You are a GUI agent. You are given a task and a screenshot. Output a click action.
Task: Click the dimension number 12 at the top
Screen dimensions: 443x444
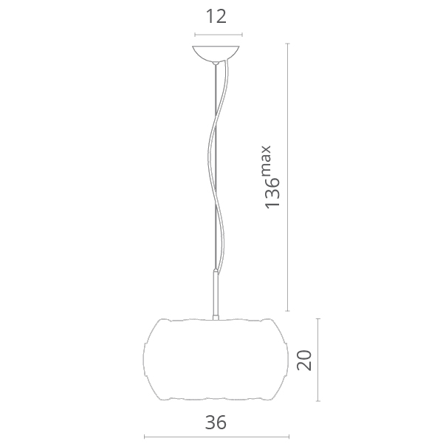pyautogui.click(x=216, y=16)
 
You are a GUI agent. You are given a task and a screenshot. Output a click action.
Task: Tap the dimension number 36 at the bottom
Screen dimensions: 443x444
pyautogui.click(x=216, y=423)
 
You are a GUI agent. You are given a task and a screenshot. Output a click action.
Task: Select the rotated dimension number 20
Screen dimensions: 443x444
pyautogui.click(x=304, y=361)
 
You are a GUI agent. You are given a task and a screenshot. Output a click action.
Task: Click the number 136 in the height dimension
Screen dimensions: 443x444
pyautogui.click(x=272, y=194)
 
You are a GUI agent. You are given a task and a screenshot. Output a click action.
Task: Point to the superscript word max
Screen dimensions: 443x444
pyautogui.click(x=267, y=160)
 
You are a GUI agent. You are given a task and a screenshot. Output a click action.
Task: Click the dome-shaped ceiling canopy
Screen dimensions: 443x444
pyautogui.click(x=216, y=54)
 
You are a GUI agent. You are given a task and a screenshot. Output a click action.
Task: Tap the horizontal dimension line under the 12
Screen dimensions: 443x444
pyautogui.click(x=219, y=35)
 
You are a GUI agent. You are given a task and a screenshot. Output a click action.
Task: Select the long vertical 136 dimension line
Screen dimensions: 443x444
pyautogui.click(x=288, y=177)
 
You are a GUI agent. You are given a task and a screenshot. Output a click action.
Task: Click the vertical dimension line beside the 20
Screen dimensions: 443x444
pyautogui.click(x=318, y=360)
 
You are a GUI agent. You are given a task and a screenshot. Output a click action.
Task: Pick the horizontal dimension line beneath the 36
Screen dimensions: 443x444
pyautogui.click(x=216, y=437)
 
